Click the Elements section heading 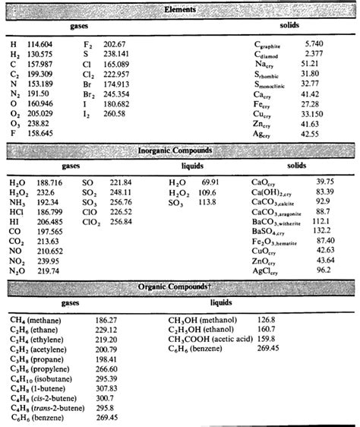[180, 9]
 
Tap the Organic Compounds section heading [180, 286]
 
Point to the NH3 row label [17, 204]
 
